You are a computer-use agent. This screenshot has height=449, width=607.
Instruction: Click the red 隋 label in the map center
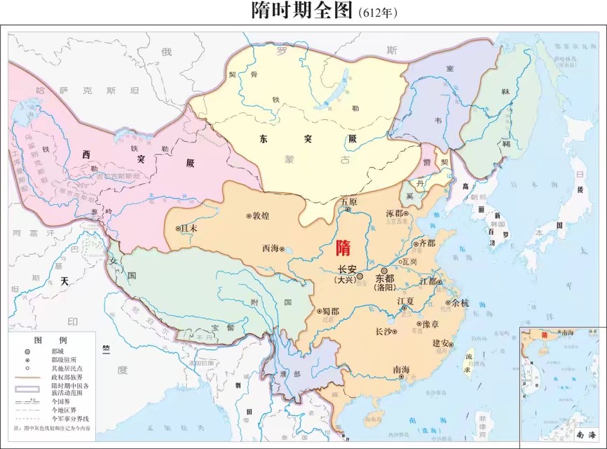click(x=343, y=248)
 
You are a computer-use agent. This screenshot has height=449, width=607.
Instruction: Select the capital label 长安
click(x=348, y=269)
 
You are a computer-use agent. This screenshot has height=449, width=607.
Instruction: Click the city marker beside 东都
click(x=383, y=270)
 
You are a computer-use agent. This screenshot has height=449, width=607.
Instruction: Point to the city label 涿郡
click(x=395, y=213)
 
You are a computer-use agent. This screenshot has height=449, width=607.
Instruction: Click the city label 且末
click(x=189, y=228)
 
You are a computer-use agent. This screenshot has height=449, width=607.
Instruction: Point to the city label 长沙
click(x=384, y=330)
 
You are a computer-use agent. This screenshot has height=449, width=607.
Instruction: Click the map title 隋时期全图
click(x=302, y=11)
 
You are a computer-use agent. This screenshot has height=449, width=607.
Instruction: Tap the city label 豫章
click(x=430, y=324)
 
